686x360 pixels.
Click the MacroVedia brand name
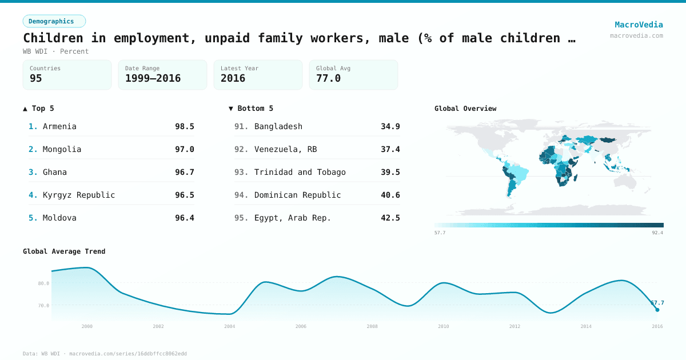639,25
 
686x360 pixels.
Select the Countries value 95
36,79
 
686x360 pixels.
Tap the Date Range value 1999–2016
153,79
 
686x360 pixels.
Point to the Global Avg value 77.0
328,79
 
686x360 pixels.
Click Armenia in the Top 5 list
59,126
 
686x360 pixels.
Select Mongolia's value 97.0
184,149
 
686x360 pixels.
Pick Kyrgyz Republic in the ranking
79,195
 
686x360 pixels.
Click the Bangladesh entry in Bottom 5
278,126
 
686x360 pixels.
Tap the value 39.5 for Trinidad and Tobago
390,172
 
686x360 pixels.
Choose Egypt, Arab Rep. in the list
293,218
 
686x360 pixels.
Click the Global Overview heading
465,109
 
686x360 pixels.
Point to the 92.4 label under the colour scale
657,233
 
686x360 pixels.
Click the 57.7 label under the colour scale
440,233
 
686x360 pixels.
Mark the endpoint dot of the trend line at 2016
657,310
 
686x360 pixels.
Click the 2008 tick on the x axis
372,326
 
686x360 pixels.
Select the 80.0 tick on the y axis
43,283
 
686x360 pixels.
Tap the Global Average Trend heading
64,251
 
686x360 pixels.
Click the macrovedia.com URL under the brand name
636,35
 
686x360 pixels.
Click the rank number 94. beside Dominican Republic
241,195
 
